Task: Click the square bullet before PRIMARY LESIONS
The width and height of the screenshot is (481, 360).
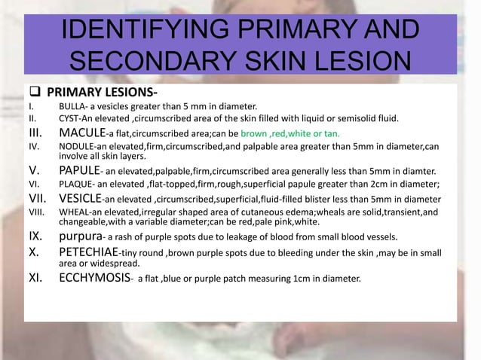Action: pos(13,93)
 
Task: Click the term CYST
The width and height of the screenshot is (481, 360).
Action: pos(70,118)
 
